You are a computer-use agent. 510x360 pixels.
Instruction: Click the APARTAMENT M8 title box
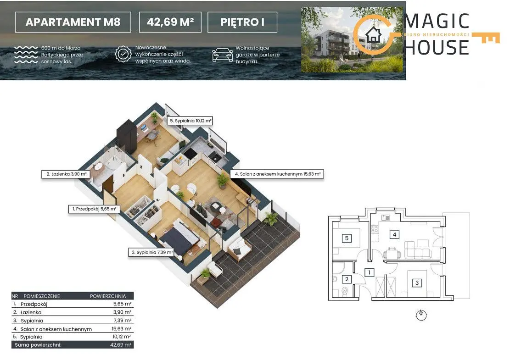pyautogui.click(x=73, y=22)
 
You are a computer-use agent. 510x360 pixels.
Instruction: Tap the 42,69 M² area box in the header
pyautogui.click(x=170, y=22)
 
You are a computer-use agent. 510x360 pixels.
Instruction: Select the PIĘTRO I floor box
pyautogui.click(x=242, y=22)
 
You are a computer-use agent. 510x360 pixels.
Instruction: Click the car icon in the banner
pyautogui.click(x=223, y=55)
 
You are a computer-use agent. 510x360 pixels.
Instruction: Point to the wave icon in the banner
pyautogui.click(x=26, y=55)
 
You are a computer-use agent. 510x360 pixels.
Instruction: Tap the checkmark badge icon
pyautogui.click(x=123, y=54)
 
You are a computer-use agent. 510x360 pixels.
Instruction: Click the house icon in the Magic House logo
pyautogui.click(x=373, y=34)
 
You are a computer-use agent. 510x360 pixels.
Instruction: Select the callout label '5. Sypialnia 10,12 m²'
pyautogui.click(x=190, y=121)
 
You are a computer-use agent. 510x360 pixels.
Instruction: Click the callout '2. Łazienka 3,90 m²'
pyautogui.click(x=67, y=174)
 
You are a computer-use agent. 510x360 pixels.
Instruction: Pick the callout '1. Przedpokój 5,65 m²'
pyautogui.click(x=94, y=209)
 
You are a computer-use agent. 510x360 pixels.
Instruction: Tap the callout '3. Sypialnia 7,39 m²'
pyautogui.click(x=152, y=252)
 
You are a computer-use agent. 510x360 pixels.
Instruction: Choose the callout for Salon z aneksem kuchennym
pyautogui.click(x=277, y=174)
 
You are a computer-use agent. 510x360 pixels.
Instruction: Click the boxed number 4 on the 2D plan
pyautogui.click(x=394, y=234)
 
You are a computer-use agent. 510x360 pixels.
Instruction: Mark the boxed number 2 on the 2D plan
pyautogui.click(x=347, y=279)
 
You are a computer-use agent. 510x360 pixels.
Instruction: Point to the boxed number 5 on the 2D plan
pyautogui.click(x=347, y=238)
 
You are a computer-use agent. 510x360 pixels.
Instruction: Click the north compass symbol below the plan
pyautogui.click(x=421, y=314)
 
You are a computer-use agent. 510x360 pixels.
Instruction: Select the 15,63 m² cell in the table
pyautogui.click(x=121, y=329)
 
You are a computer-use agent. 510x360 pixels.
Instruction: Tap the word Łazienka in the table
pyautogui.click(x=31, y=313)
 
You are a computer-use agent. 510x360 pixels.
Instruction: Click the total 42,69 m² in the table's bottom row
pyautogui.click(x=121, y=345)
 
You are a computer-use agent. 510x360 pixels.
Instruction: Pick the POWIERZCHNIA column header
pyautogui.click(x=108, y=296)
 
